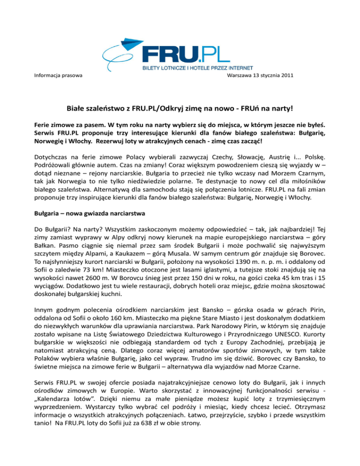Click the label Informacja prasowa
55,75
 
